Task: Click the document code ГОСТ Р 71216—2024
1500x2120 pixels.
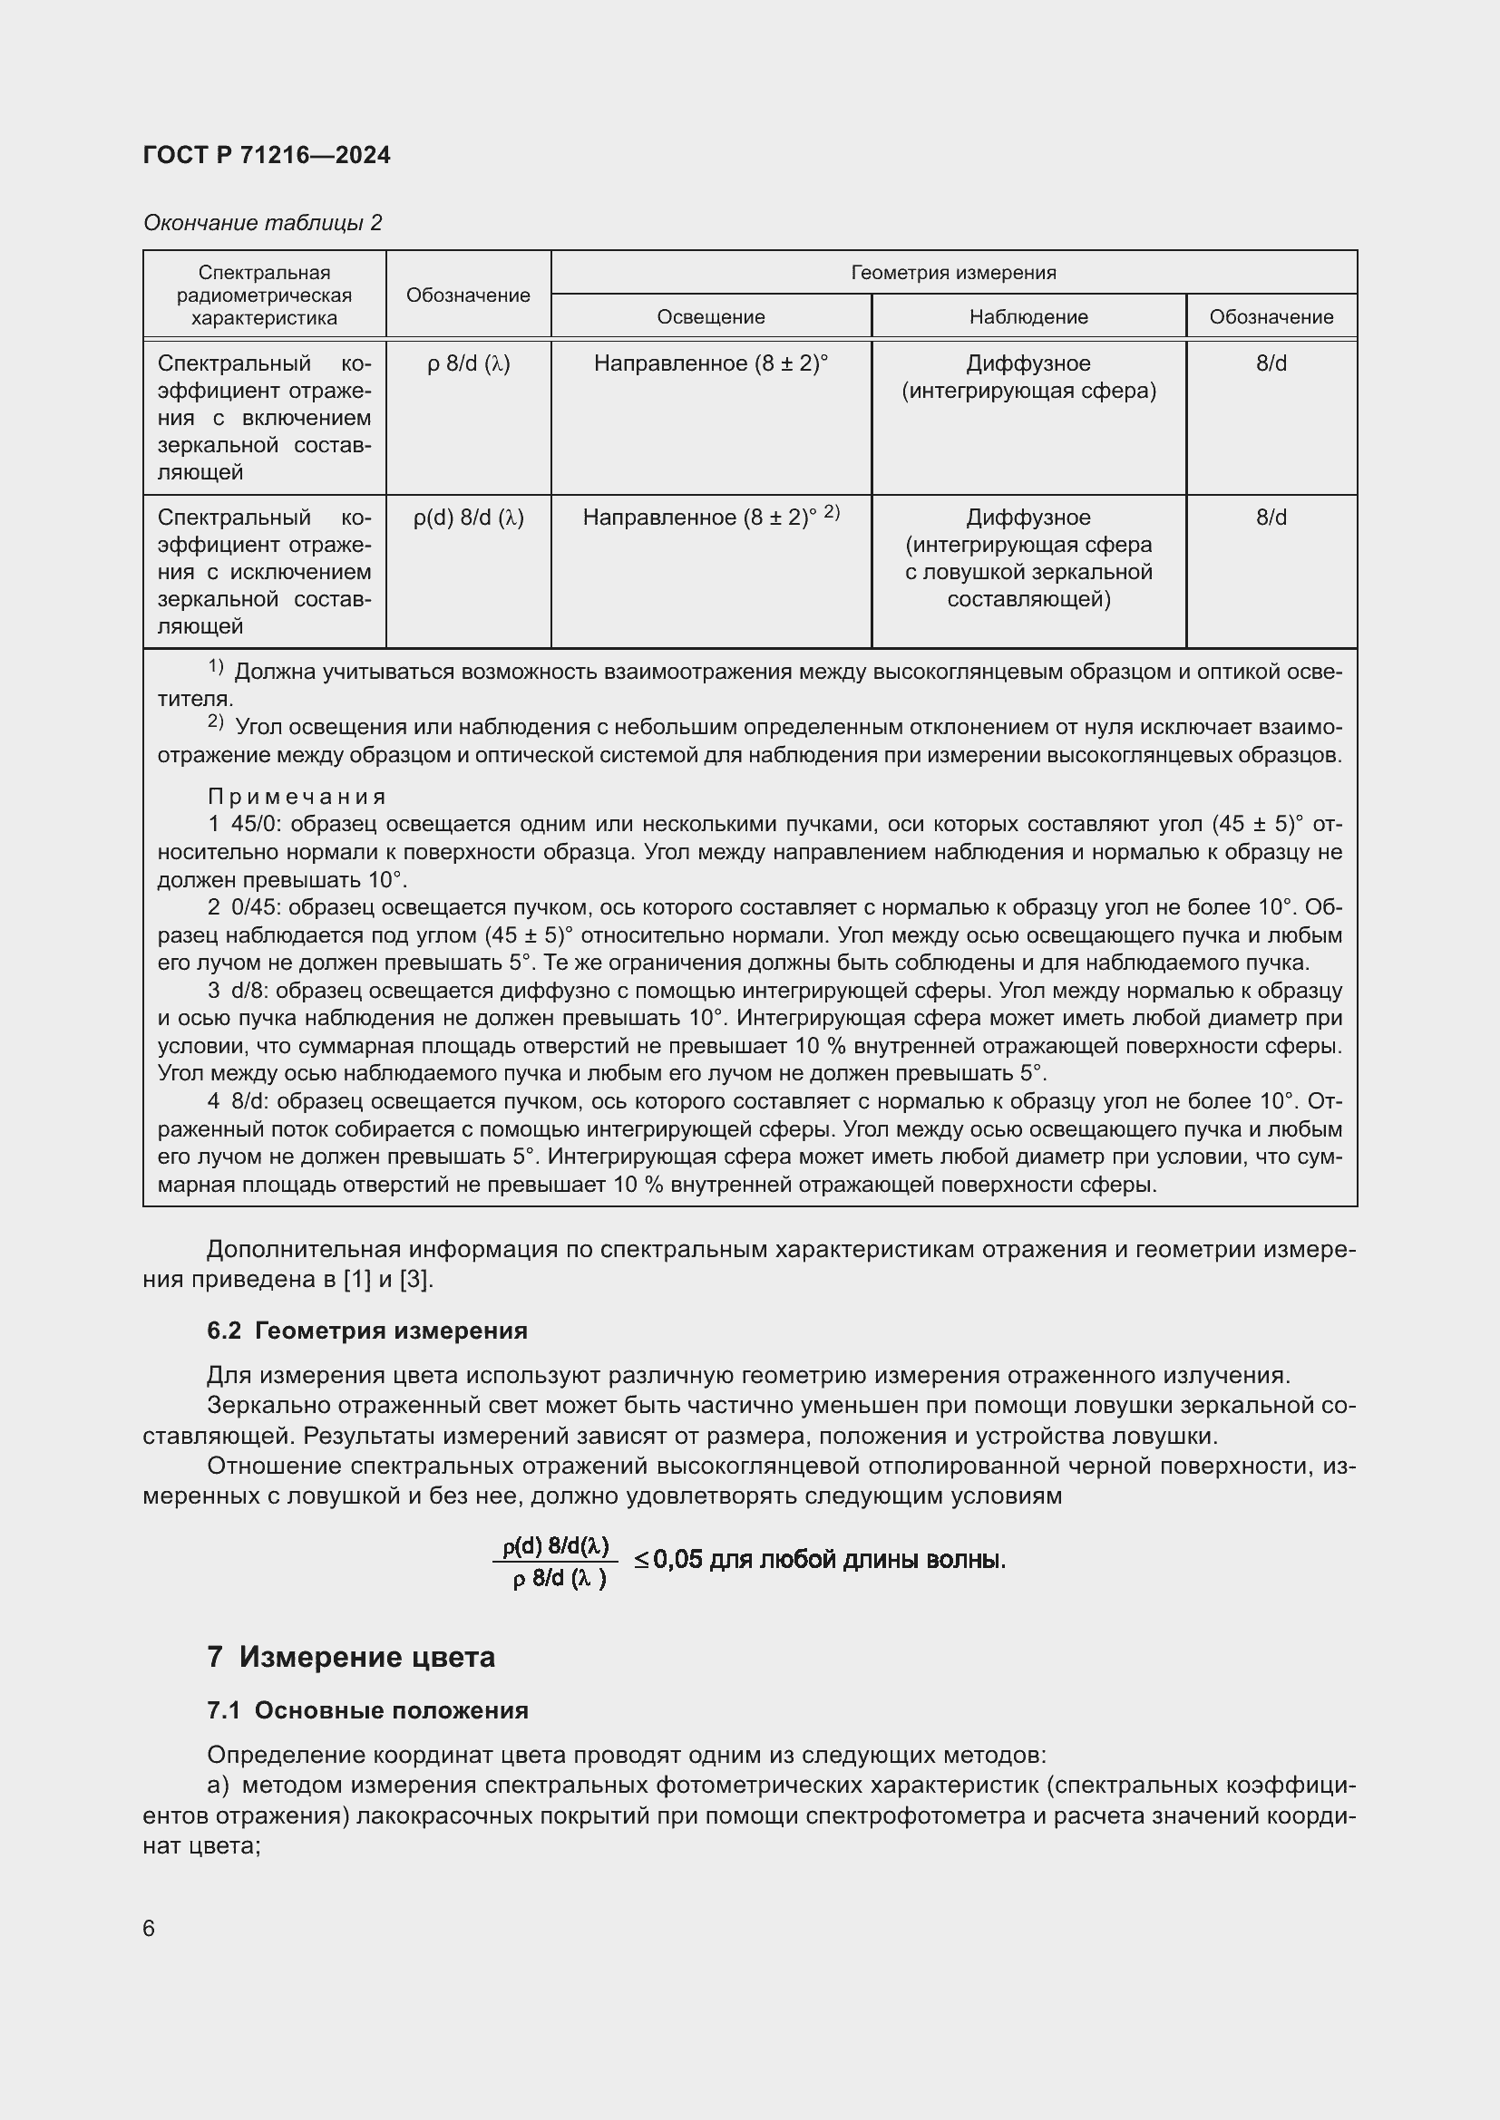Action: (x=267, y=155)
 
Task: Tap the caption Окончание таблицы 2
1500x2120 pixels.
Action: (x=262, y=223)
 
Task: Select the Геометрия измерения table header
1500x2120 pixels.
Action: (x=952, y=273)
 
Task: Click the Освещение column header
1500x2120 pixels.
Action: (x=710, y=316)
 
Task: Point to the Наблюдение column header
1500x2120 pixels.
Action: (x=1028, y=316)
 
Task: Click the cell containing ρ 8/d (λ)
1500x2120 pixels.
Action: (x=468, y=363)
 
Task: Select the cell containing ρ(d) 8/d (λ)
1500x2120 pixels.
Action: (x=468, y=518)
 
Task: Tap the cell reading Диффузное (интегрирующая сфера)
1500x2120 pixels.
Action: (x=1028, y=377)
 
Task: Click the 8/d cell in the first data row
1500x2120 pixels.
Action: (x=1271, y=363)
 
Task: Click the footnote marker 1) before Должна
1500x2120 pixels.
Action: (x=215, y=667)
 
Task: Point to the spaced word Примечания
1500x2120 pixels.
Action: (x=297, y=796)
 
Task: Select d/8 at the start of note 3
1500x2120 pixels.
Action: (x=249, y=991)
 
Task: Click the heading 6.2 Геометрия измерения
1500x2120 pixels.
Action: (x=366, y=1331)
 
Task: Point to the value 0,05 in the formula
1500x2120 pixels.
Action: (x=677, y=1560)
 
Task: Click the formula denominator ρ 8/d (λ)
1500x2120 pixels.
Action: (x=558, y=1580)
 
